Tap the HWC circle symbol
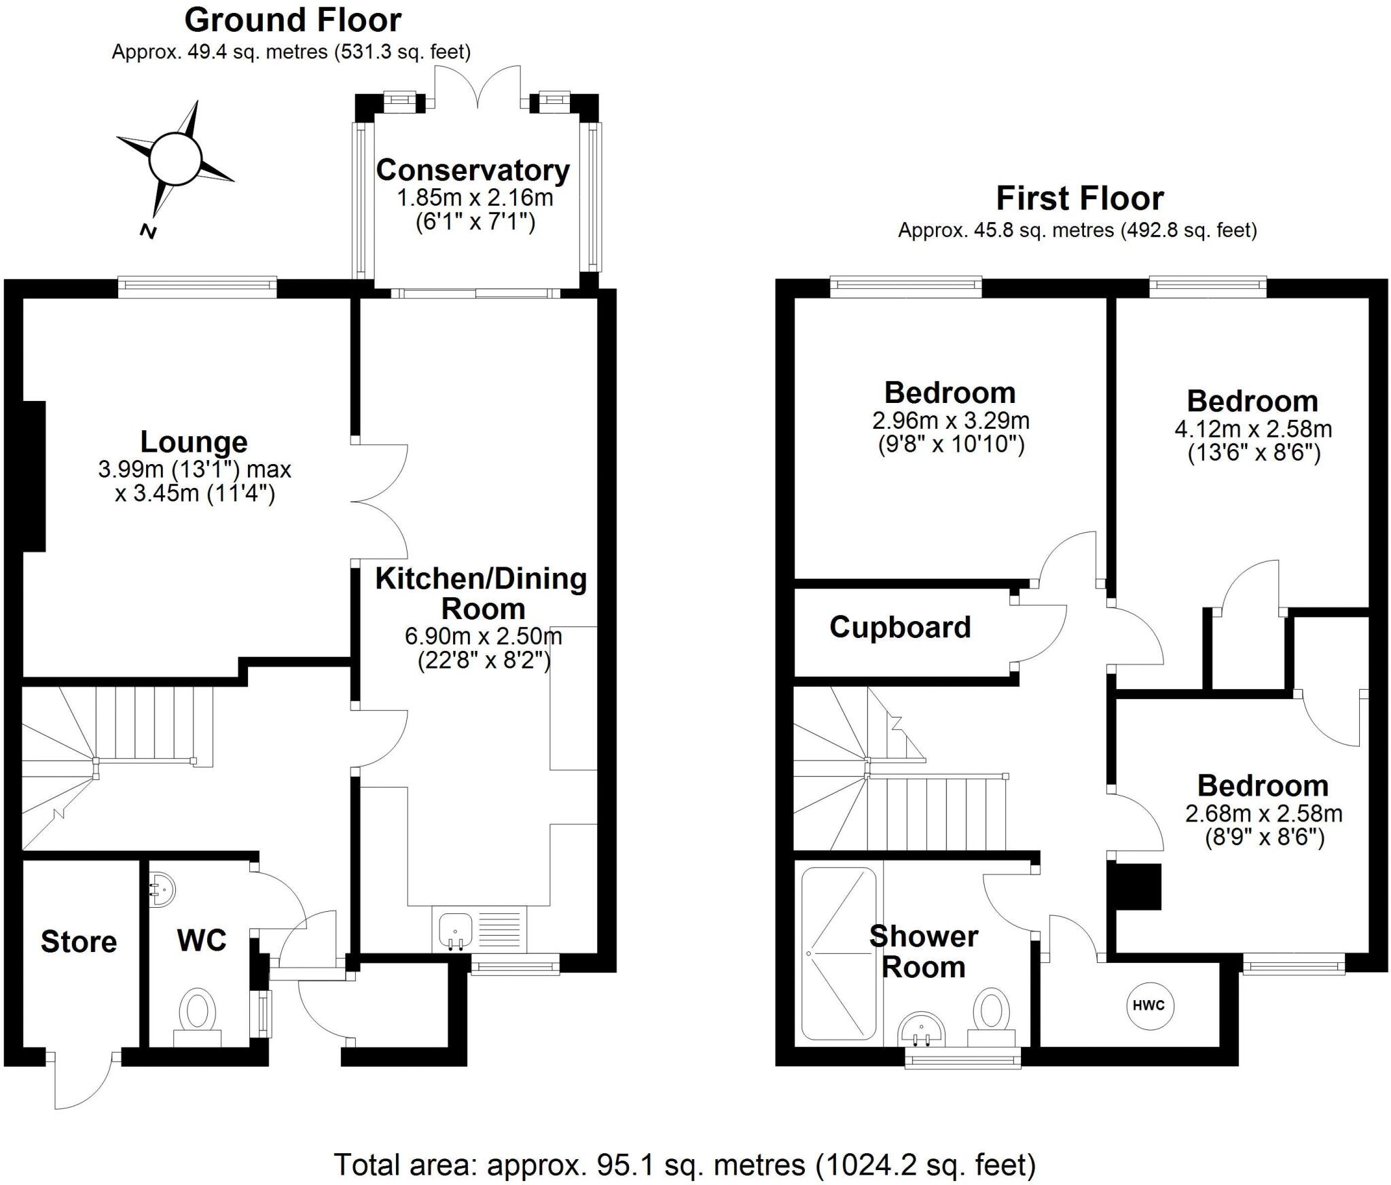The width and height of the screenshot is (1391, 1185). (x=1149, y=1006)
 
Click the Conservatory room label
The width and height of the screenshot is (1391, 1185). (x=473, y=171)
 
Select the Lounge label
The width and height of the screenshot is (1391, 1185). (x=194, y=442)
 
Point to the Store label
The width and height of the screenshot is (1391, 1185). (x=79, y=942)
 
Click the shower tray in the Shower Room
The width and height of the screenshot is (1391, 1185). (x=839, y=953)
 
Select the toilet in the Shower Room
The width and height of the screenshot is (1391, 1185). (x=991, y=1013)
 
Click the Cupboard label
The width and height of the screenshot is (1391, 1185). (x=900, y=627)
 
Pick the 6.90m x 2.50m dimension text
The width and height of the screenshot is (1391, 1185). (x=483, y=637)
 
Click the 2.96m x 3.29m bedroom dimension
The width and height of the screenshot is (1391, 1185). (x=950, y=421)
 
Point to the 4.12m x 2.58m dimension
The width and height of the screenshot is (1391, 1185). (x=1253, y=429)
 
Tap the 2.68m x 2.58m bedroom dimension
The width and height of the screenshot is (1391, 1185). (x=1263, y=813)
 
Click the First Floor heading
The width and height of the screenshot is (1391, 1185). (x=1080, y=198)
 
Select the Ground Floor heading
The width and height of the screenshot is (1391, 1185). (x=293, y=20)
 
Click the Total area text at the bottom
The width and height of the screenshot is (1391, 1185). (x=685, y=1165)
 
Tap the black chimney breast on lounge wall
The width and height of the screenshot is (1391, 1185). (x=34, y=476)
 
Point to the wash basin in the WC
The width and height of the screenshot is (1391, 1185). (x=161, y=887)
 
